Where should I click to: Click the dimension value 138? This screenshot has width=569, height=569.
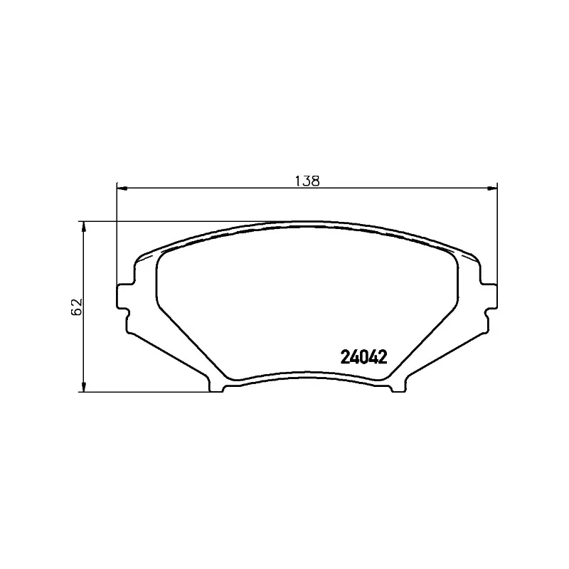pyautogui.click(x=307, y=181)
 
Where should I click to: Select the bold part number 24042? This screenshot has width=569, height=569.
pyautogui.click(x=364, y=357)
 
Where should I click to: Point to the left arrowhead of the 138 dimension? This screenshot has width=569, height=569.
pyautogui.click(x=122, y=188)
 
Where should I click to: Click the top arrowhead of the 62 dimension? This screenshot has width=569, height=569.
pyautogui.click(x=84, y=226)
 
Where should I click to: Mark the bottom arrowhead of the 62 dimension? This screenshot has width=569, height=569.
pyautogui.click(x=84, y=386)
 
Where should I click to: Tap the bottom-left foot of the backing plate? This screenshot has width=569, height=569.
pyautogui.click(x=216, y=385)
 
